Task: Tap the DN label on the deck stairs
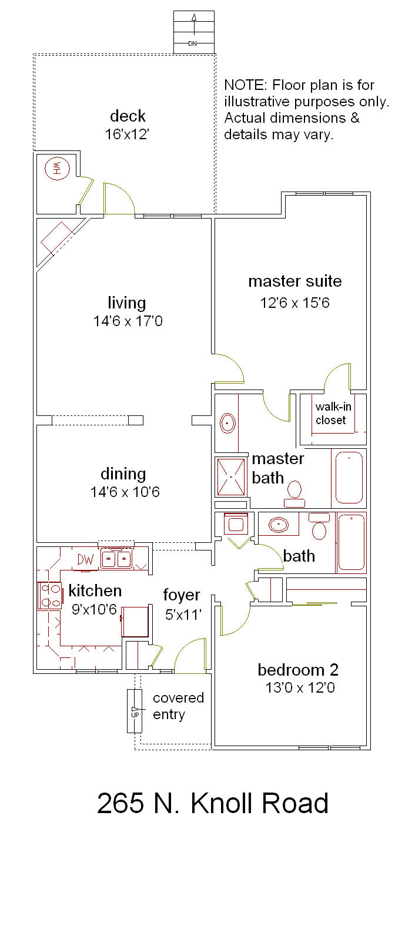(x=192, y=43)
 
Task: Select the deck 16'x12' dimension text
(x=127, y=135)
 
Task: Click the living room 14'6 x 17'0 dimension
(x=128, y=321)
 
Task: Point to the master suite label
(x=295, y=281)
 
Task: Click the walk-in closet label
(x=333, y=414)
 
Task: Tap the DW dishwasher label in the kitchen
(x=86, y=559)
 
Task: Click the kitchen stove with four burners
(x=49, y=596)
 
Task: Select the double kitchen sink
(x=116, y=559)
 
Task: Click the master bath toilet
(x=294, y=494)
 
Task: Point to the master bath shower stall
(x=231, y=476)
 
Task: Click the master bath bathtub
(x=349, y=478)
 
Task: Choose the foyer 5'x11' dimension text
(x=183, y=615)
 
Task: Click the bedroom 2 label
(x=298, y=670)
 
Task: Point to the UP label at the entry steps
(x=135, y=714)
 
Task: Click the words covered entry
(x=178, y=706)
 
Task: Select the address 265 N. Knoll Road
(x=212, y=803)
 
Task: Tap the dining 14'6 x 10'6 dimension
(x=125, y=492)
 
